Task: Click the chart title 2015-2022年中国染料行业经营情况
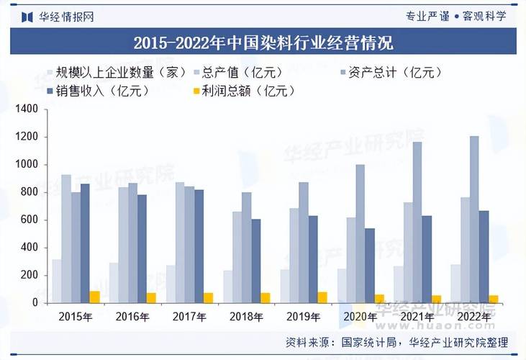[x=263, y=43]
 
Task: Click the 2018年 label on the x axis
[x=246, y=316]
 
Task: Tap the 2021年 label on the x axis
[x=417, y=316]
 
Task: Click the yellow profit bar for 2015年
[x=94, y=297]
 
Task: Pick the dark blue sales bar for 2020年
[x=370, y=266]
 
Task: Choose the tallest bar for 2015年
[x=66, y=238]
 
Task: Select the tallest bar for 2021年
[x=417, y=222]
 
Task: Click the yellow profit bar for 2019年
[x=322, y=297]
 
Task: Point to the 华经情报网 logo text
[x=65, y=16]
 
